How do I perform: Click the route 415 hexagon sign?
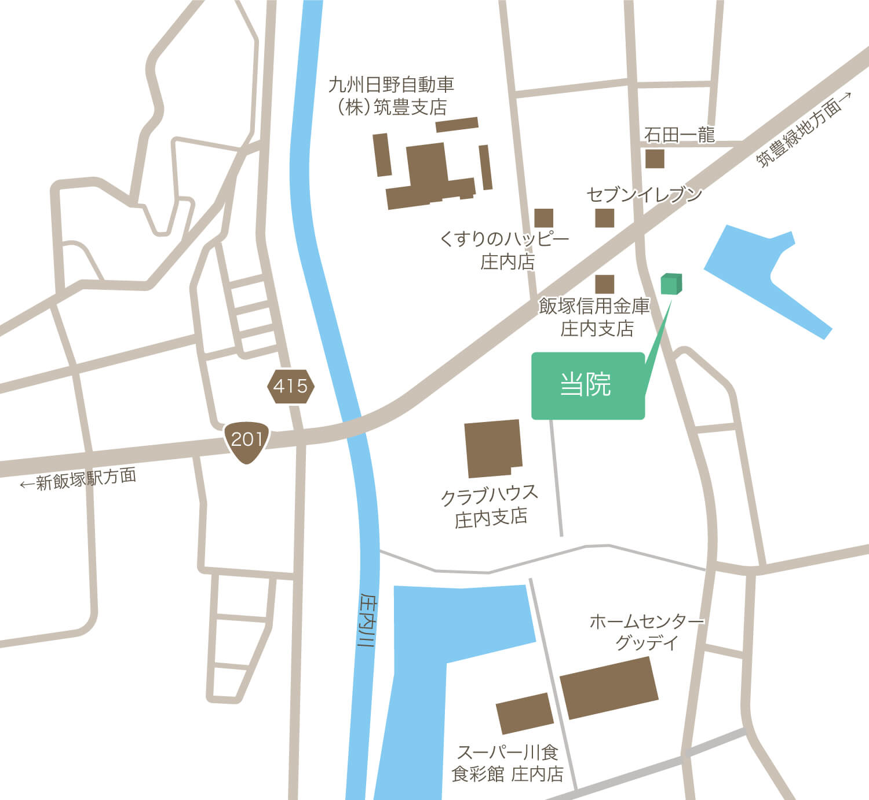(290, 386)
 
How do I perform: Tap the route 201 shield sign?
(247, 441)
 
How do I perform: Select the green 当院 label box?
(587, 386)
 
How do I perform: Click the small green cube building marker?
(671, 284)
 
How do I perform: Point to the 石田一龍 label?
(680, 135)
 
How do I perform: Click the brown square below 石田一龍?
(655, 159)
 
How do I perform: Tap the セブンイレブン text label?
(644, 195)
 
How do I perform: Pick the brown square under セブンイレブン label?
(604, 218)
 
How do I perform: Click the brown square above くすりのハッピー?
(543, 218)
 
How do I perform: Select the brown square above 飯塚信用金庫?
(604, 284)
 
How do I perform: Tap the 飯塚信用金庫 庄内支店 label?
(595, 317)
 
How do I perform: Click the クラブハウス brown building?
(493, 449)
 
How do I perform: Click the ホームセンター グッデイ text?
(646, 632)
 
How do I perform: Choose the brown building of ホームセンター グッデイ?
(609, 688)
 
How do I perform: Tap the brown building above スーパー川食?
(525, 713)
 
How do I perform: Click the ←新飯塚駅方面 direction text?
(78, 480)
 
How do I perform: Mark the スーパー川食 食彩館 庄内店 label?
(507, 763)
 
